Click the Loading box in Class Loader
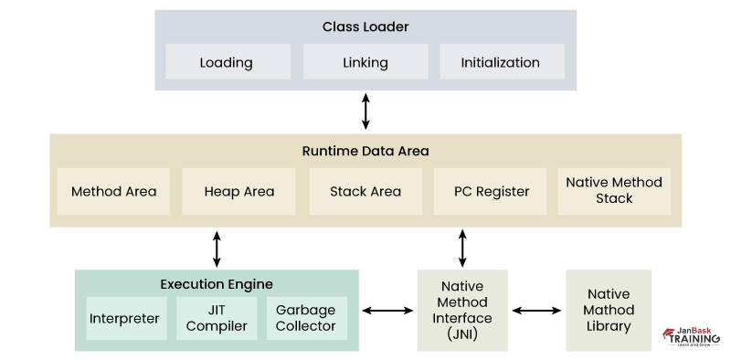tap(226, 63)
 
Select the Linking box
tap(365, 63)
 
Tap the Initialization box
tap(501, 63)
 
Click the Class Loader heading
tap(365, 27)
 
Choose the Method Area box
tap(113, 192)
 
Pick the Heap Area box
tap(238, 192)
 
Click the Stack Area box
tap(365, 192)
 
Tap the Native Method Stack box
tap(614, 191)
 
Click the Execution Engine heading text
tap(217, 284)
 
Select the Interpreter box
tap(124, 319)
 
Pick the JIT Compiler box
tap(217, 319)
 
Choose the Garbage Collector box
tap(306, 319)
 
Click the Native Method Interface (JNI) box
tap(462, 311)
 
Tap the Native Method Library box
tap(609, 311)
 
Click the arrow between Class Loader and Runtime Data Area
tap(365, 111)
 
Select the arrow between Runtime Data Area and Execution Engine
tap(217, 248)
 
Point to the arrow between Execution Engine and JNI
tap(387, 311)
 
